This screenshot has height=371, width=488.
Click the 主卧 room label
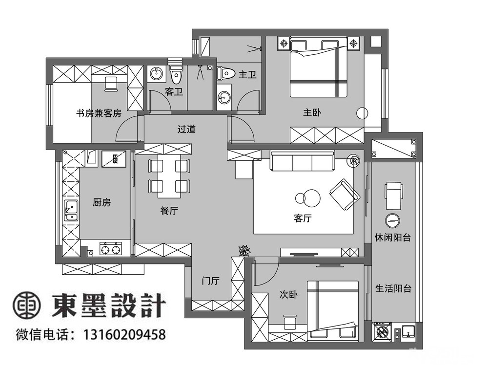[x=312, y=112]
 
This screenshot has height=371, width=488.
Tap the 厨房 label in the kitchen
[x=102, y=203]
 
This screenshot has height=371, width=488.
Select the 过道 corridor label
[x=186, y=129]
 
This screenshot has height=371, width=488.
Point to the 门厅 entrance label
[x=211, y=281]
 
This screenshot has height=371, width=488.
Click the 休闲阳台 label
[x=393, y=238]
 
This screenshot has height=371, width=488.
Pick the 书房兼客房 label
[x=99, y=113]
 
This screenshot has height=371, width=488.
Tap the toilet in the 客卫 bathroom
[x=176, y=74]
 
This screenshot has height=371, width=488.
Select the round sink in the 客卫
[x=156, y=74]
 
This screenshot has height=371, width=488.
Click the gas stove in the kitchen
[x=110, y=249]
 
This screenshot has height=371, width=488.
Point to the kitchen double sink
[x=71, y=211]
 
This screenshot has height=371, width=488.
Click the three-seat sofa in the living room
[x=302, y=161]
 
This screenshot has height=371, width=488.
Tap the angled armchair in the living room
[x=345, y=195]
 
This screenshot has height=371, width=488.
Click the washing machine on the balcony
[x=383, y=332]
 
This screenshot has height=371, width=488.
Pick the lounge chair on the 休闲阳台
[x=394, y=196]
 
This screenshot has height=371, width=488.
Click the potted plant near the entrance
[x=244, y=250]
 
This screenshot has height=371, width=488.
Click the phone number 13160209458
[x=124, y=334]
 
